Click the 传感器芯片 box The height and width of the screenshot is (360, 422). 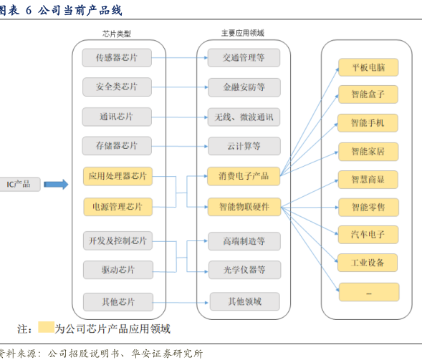click(x=117, y=57)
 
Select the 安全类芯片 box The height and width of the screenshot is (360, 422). click(x=117, y=87)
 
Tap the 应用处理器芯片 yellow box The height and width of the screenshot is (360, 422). click(x=118, y=176)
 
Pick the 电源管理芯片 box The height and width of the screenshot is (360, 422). click(x=118, y=207)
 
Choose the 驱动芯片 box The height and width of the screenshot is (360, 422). click(x=118, y=270)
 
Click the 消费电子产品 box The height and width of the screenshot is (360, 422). click(x=244, y=176)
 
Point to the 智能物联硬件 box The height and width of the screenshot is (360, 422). click(x=244, y=207)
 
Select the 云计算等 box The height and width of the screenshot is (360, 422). click(x=244, y=146)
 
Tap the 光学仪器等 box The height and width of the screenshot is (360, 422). click(x=244, y=270)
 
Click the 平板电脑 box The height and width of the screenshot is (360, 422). click(x=368, y=67)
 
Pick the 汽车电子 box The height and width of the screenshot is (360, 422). click(x=368, y=235)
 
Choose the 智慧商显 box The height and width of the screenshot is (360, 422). click(x=368, y=180)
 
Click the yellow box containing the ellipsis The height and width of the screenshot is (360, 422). click(x=369, y=292)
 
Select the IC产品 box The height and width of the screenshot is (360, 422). click(x=19, y=185)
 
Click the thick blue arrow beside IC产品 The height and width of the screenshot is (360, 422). click(x=56, y=185)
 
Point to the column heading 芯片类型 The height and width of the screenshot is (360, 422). click(x=117, y=34)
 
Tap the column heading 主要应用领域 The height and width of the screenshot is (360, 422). click(x=243, y=33)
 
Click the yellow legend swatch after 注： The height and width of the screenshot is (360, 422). click(x=46, y=327)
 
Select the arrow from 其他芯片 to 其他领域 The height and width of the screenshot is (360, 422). click(x=181, y=303)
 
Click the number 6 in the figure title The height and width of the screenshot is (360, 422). click(x=29, y=11)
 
